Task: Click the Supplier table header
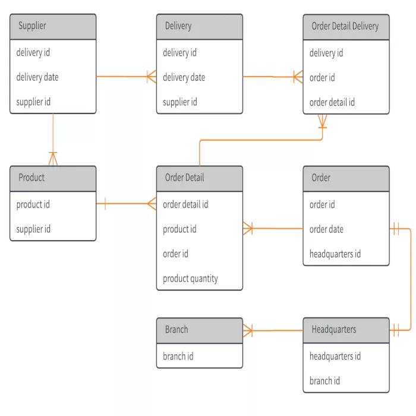tap(53, 27)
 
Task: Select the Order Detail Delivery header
tap(346, 27)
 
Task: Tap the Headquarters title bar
tap(346, 330)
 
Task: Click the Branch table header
tap(200, 330)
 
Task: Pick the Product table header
tap(53, 178)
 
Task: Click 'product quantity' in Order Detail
tap(190, 279)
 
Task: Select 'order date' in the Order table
tap(326, 229)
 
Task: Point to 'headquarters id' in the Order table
tap(335, 254)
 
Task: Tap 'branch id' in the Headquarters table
tap(324, 381)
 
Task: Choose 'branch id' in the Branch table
tap(178, 357)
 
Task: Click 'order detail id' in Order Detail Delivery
tap(332, 102)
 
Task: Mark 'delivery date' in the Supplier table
tap(37, 77)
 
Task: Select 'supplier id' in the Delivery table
tap(180, 102)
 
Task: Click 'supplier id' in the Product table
tap(33, 229)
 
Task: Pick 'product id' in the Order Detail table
tap(179, 229)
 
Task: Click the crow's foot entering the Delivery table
tap(152, 77)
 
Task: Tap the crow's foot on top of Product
tap(53, 159)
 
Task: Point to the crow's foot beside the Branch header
tap(248, 330)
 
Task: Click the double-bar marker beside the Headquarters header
tap(396, 330)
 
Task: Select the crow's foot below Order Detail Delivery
tap(322, 121)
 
